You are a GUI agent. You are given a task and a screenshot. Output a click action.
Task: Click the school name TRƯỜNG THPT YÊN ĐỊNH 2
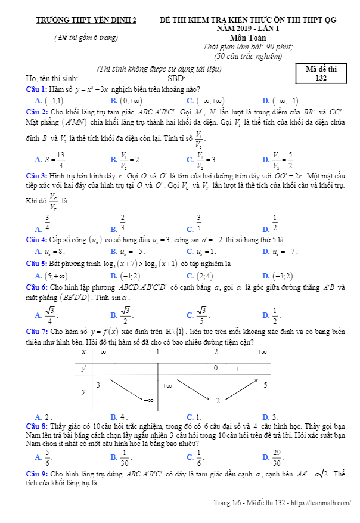tap(86, 20)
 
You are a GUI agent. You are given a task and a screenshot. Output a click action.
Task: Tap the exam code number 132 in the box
tap(321, 78)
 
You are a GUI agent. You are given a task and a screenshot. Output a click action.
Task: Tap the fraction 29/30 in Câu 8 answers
tap(277, 457)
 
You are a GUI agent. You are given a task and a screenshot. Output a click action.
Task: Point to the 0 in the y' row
tap(215, 369)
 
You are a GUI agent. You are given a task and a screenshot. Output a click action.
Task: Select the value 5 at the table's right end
tap(265, 385)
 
